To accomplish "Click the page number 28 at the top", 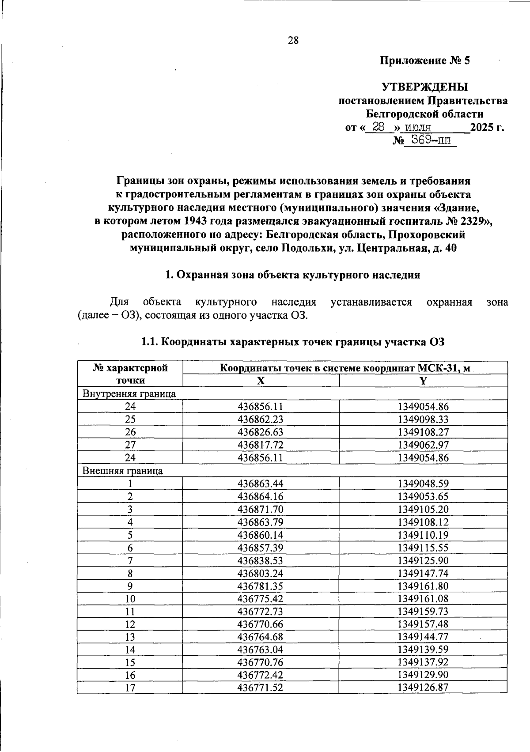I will pos(293,41).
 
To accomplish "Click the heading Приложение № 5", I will pos(425,60).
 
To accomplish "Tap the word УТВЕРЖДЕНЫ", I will pos(424,87).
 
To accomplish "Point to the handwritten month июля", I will pos(418,128).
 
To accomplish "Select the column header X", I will pos(261,381).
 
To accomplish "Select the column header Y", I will pos(423,381).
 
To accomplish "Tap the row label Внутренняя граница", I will pos(129,394).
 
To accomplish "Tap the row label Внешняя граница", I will pos(123,471).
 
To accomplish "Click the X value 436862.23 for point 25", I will pos(261,419).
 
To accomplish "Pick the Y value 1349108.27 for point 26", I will pos(423,432).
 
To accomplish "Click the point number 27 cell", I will pos(130,445).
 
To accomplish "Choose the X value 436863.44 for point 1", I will pos(261,484).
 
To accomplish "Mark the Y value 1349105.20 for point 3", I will pos(423,510).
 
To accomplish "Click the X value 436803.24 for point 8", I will pos(261,574).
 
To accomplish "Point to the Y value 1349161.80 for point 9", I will pos(423,586).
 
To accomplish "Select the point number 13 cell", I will pos(130,637).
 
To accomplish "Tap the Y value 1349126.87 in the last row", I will pos(423,688).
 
